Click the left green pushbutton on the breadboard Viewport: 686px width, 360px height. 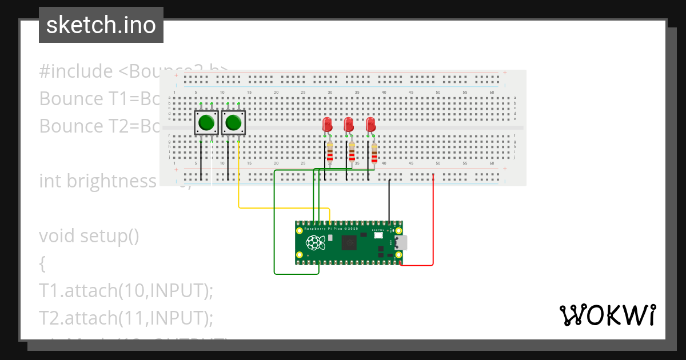coord(206,122)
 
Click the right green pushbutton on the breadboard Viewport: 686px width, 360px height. coord(233,122)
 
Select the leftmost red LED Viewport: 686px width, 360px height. coord(328,125)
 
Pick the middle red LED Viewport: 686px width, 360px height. coord(348,125)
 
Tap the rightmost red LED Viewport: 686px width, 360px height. coord(370,125)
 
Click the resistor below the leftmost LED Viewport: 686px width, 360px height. coord(330,153)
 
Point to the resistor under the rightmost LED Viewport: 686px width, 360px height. coord(374,153)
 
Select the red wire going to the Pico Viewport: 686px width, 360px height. coord(433,229)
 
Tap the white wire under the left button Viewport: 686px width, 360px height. coord(212,166)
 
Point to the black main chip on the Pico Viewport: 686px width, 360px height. coord(349,243)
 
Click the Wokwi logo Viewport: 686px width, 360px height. coord(607,315)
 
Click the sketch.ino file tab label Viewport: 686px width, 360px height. coord(101,25)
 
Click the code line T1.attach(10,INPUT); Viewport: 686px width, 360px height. coord(126,290)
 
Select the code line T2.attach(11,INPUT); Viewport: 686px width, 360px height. coord(126,317)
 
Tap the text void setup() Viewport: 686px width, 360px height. coord(89,235)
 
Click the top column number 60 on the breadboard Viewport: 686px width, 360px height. coord(492,93)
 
